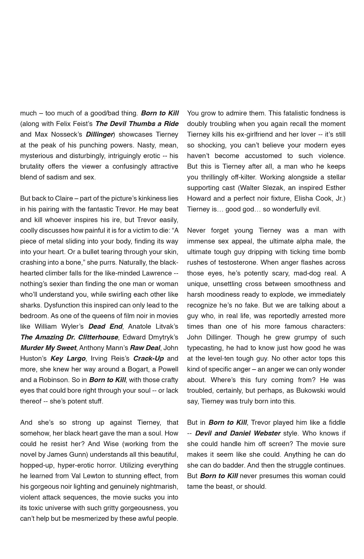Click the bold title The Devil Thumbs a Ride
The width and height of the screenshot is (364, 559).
(137, 124)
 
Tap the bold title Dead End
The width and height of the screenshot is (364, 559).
(105, 326)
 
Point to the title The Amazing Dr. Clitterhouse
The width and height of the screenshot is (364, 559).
(69, 337)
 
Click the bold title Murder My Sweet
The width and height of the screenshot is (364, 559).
(48, 348)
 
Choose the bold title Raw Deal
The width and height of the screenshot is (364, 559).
(145, 348)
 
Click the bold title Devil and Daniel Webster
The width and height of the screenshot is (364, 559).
(238, 433)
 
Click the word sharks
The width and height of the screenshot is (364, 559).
(30, 305)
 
